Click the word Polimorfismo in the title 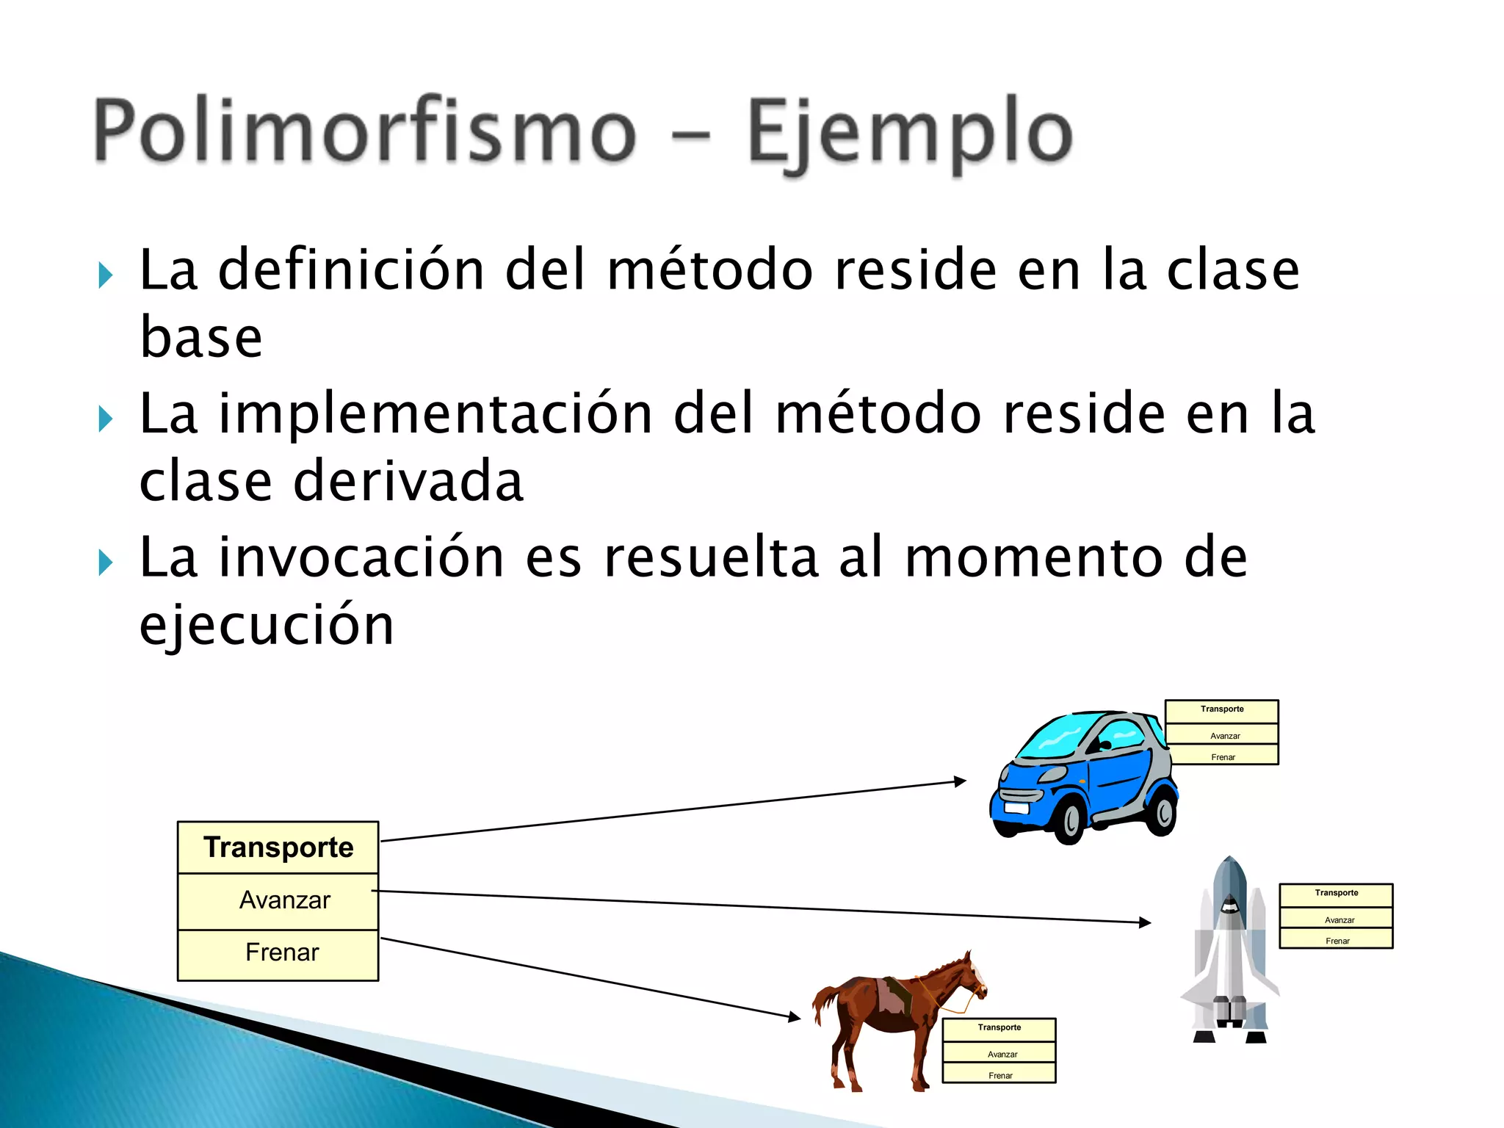[365, 131]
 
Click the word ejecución [267, 626]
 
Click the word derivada [408, 481]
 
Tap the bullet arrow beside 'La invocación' [106, 563]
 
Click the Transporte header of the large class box [278, 847]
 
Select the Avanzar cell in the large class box [285, 900]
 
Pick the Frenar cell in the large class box [282, 952]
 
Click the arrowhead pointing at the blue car [960, 781]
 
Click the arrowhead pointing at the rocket [1145, 922]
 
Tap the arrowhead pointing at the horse [795, 1017]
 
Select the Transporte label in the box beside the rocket [1336, 893]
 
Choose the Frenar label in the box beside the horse [1000, 1076]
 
